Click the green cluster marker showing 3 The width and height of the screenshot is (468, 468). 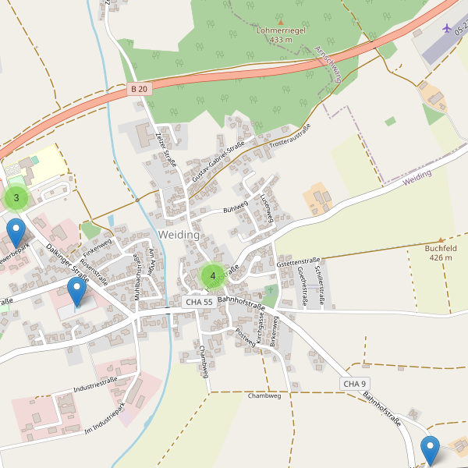coord(16,198)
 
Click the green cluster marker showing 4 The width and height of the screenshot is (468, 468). coord(212,276)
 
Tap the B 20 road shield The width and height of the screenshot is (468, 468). coord(139,90)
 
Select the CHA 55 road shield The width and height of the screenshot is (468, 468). coord(199,301)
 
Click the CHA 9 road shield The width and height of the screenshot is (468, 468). coord(354,384)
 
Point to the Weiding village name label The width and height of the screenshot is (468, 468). coord(179,235)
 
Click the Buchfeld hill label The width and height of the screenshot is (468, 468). coord(440,252)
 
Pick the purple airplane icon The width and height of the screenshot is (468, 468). coord(446,28)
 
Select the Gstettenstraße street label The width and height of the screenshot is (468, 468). coord(299,262)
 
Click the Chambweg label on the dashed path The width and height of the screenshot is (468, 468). coord(263,395)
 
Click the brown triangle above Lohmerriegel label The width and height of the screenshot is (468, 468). coord(280,22)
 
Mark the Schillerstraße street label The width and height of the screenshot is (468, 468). coord(318,284)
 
